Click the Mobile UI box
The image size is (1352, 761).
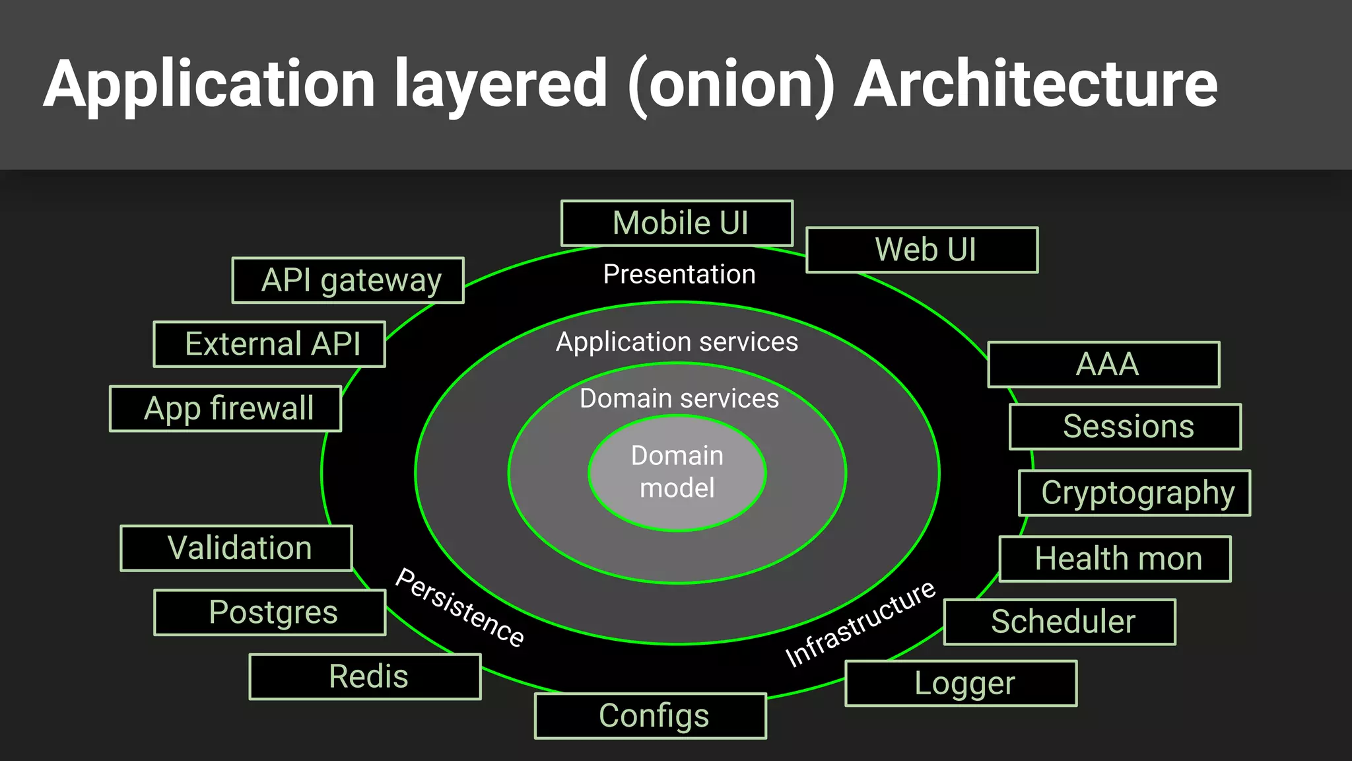coord(677,223)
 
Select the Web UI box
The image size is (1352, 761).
coord(922,250)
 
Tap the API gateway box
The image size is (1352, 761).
coord(348,280)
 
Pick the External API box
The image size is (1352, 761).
coord(269,344)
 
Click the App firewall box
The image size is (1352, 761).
coord(226,408)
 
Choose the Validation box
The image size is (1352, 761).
coord(236,548)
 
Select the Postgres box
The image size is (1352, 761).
coord(270,612)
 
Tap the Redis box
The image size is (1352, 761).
coord(365,676)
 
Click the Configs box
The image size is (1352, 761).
coord(650,716)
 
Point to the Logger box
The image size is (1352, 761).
coord(961,683)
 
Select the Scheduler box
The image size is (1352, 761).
coord(1060,622)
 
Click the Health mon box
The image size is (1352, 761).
coord(1115,559)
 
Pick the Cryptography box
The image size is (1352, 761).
coord(1135,493)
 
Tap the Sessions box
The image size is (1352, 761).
coord(1126,427)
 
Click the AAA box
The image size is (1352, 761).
coord(1104,365)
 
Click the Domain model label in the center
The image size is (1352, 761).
coord(677,472)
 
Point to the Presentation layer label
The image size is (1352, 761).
coord(679,274)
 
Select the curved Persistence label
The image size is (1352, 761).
coord(459,606)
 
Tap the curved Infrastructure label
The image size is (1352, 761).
coord(860,624)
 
